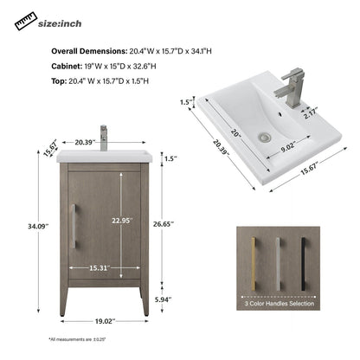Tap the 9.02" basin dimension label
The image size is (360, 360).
pos(289,148)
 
